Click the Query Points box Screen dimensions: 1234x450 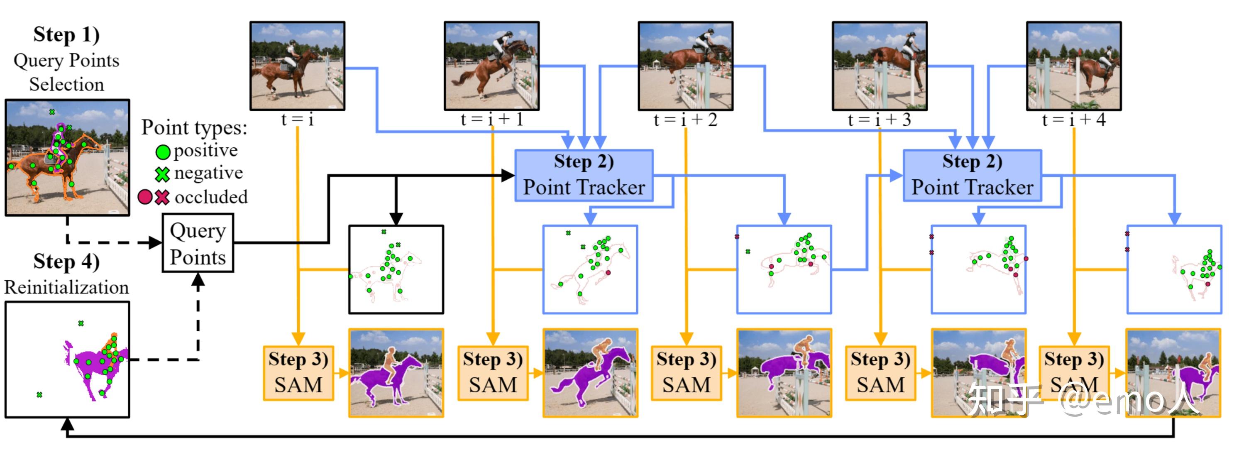pyautogui.click(x=198, y=243)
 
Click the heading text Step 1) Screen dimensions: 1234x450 pyautogui.click(x=66, y=34)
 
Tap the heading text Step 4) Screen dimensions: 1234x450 pyautogui.click(x=66, y=262)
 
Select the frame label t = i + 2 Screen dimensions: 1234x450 pyautogui.click(x=686, y=119)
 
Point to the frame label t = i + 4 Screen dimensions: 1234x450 pyautogui.click(x=1073, y=119)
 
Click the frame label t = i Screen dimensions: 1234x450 pyautogui.click(x=298, y=119)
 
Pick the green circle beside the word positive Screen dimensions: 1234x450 pyautogui.click(x=163, y=152)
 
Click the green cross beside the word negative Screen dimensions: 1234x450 pyautogui.click(x=162, y=174)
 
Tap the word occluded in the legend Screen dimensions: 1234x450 pyautogui.click(x=211, y=197)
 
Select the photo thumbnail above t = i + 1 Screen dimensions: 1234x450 pyautogui.click(x=491, y=66)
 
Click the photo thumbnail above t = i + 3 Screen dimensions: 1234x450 pyautogui.click(x=880, y=66)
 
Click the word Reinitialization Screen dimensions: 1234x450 pyautogui.click(x=66, y=287)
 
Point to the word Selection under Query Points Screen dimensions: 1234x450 pyautogui.click(x=66, y=84)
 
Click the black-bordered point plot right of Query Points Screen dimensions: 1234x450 pyautogui.click(x=396, y=270)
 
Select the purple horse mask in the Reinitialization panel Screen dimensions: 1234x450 pyautogui.click(x=96, y=364)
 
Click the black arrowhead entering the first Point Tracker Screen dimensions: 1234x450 pyautogui.click(x=508, y=176)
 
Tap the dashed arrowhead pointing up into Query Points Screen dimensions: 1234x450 pyautogui.click(x=198, y=280)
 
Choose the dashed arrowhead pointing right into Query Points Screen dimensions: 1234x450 pyautogui.click(x=155, y=242)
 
